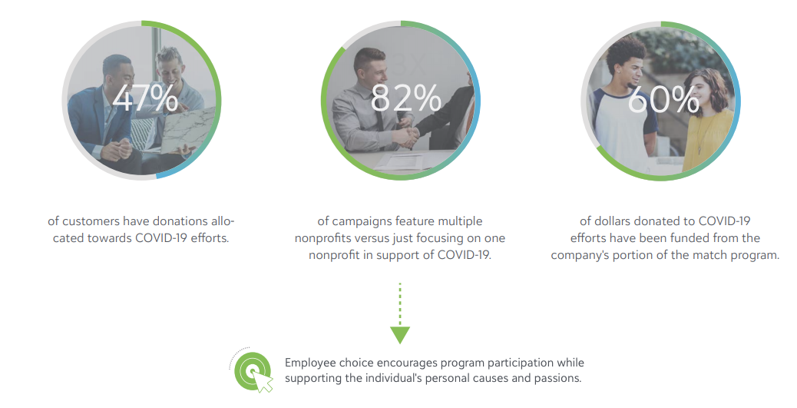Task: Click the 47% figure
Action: pos(145,98)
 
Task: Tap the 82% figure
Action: pos(405,98)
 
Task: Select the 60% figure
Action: pos(664,98)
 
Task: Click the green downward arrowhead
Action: pos(400,335)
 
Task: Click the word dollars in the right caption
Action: pos(614,221)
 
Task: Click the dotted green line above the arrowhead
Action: pos(400,304)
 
